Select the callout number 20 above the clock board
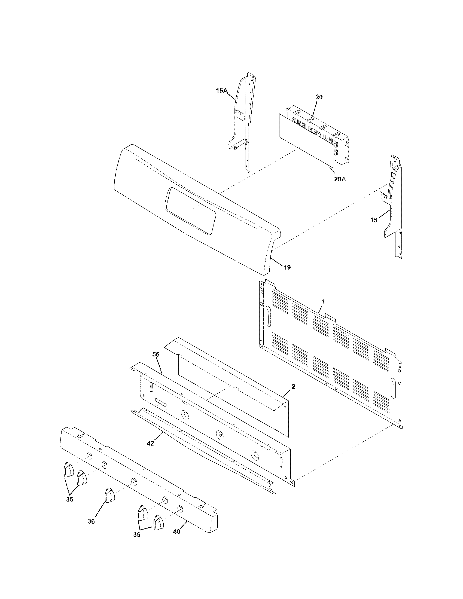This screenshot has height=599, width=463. click(319, 97)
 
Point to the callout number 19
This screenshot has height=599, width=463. click(287, 267)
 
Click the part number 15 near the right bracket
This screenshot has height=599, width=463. click(374, 220)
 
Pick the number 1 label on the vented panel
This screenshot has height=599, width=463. click(323, 302)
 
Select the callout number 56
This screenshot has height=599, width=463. click(156, 354)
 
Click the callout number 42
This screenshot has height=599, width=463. click(150, 443)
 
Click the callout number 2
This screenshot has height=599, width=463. click(293, 387)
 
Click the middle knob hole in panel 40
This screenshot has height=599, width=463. click(134, 482)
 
